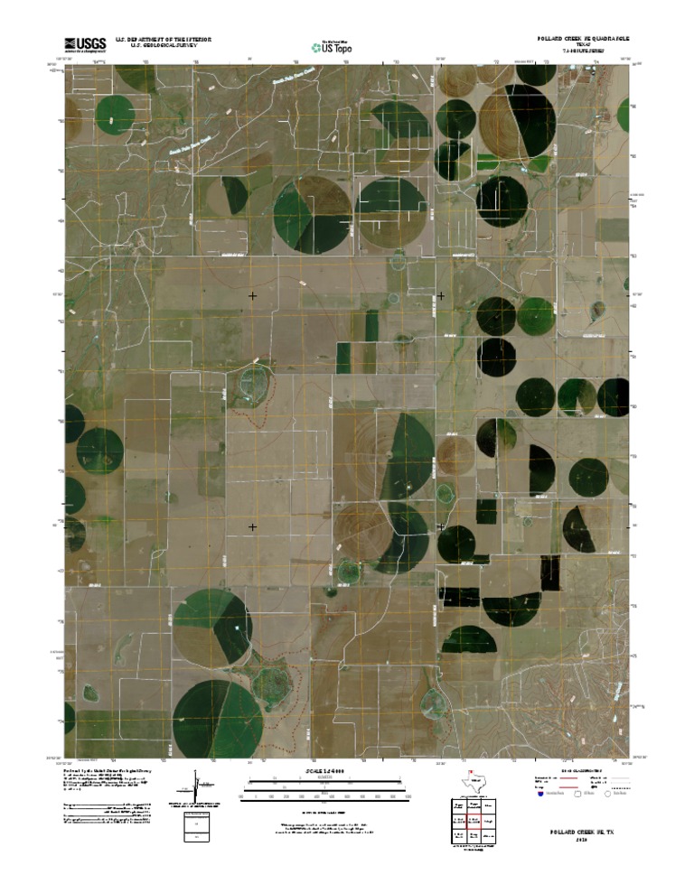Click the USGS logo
pos(85,43)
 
